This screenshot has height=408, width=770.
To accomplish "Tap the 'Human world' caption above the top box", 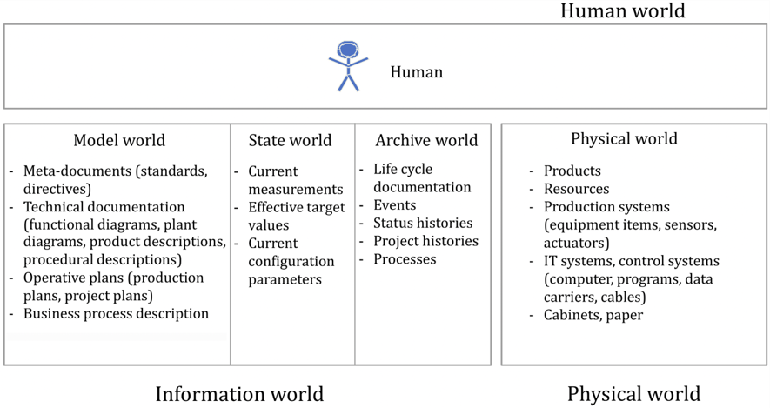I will pos(622,11).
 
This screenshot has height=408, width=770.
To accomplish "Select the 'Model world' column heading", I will pos(119,140).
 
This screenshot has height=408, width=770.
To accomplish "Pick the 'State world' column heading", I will pos(290,140).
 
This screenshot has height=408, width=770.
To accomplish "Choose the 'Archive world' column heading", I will pos(426,140).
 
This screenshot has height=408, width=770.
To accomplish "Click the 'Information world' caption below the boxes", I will pos(239,393).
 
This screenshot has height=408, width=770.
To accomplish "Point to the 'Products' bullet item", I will pos(572,171).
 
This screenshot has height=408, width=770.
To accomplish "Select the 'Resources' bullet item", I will pos(576,189).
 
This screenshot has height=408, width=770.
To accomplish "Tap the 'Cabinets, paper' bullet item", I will pos(593,315).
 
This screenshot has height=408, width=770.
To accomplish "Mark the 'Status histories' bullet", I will pos(423,223).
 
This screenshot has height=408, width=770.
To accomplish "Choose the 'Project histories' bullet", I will pos(425,241).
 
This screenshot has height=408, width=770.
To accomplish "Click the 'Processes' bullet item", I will pos(405,259).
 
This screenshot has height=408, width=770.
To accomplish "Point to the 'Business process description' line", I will pos(116,313).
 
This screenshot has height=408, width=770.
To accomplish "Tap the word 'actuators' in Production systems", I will pos(576,243).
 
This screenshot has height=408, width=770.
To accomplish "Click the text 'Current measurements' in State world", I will pos(295,180).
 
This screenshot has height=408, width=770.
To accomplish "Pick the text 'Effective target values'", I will pos(296,216).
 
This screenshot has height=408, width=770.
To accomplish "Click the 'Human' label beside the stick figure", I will pos(416,72).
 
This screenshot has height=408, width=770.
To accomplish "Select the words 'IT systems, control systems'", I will pos(631,261).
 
